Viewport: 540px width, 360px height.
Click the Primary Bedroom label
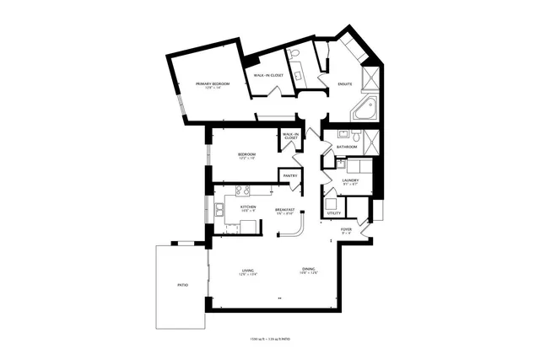click(213, 85)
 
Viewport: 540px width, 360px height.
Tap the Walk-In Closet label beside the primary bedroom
click(268, 75)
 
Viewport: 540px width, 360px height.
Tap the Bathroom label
click(347, 148)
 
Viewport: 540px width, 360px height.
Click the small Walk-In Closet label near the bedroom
click(290, 136)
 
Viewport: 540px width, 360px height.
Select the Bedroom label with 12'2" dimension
click(246, 155)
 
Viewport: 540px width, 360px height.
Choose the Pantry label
click(289, 175)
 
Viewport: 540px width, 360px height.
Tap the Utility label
click(333, 213)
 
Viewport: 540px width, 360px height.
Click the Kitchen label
click(248, 207)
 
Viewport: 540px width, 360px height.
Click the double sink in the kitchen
click(219, 210)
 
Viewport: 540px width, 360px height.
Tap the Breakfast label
click(283, 210)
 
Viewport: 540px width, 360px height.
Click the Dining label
click(309, 271)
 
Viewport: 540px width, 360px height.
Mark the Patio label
click(182, 286)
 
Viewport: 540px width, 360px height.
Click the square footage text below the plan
click(269, 339)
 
